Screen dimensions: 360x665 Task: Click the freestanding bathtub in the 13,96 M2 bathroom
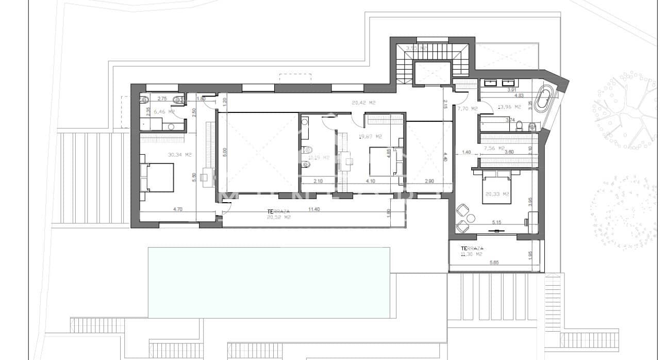[542, 100]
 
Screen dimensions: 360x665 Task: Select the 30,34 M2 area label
[165, 154]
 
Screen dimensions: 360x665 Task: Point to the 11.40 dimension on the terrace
[313, 210]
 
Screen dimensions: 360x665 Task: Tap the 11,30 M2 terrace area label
[472, 254]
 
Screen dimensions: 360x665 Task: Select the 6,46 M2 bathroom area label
[165, 111]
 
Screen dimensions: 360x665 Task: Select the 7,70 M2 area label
[467, 109]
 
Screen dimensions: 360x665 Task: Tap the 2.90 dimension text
[429, 181]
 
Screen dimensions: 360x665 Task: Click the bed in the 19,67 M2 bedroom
[383, 161]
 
